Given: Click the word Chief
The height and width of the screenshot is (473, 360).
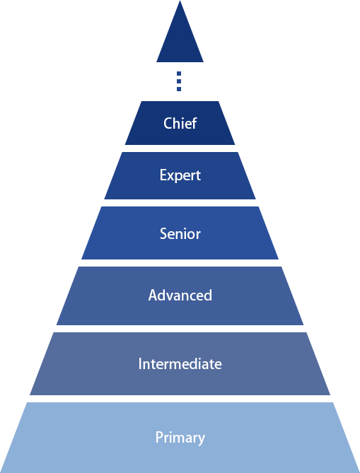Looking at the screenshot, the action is tap(180, 123).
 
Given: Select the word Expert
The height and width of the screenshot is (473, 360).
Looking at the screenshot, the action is tap(180, 175).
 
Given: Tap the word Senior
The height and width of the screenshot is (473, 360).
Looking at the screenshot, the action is tap(180, 234).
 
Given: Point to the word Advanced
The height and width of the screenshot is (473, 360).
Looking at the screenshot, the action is tap(180, 295).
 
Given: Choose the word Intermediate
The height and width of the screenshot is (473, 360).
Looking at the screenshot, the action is tap(180, 363).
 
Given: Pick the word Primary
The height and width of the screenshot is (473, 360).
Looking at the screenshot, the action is tap(180, 438).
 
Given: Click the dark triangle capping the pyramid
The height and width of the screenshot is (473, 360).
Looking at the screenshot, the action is tap(180, 39).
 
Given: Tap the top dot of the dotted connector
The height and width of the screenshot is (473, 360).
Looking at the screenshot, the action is tap(179, 74).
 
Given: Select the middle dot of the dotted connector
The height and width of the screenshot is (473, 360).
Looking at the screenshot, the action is tap(179, 81).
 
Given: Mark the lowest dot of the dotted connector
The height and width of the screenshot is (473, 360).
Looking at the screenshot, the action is tap(179, 89).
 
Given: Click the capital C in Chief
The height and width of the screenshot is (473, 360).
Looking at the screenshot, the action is tap(168, 124).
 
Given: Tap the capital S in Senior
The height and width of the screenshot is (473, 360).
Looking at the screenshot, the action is tap(163, 234).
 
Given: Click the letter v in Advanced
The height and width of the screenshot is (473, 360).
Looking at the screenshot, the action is tap(168, 296).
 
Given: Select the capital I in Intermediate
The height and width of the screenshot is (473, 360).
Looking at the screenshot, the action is tap(140, 364).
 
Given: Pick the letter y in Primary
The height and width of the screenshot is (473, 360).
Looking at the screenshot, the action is tap(202, 440).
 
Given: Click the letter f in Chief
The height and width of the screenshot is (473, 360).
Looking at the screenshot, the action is tap(194, 123).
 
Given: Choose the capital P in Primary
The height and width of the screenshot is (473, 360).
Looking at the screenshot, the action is tap(159, 438).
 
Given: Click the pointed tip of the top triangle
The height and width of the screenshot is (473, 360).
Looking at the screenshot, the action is tap(180, 1).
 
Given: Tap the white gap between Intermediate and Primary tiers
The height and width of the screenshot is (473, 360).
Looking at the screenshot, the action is tap(180, 399).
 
